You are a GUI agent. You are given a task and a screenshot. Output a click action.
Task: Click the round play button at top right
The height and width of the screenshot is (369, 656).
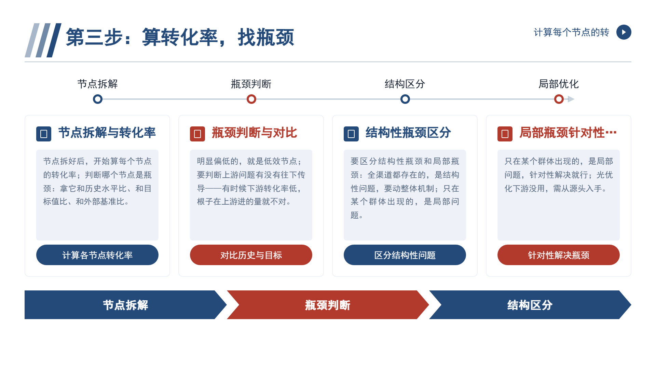click(624, 32)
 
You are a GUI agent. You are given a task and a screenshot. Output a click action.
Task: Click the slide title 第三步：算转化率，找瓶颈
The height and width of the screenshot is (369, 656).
click(180, 37)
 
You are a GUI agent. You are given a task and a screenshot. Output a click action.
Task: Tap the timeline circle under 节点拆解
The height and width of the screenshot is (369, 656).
click(98, 99)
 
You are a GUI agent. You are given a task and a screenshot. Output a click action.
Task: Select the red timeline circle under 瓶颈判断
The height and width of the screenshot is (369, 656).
click(251, 99)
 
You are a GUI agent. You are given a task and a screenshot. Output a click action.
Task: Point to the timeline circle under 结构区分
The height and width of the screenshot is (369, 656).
click(405, 99)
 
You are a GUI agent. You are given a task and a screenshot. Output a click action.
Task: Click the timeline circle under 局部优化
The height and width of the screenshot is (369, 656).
click(559, 99)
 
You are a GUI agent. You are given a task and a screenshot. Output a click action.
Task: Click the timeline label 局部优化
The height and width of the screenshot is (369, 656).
click(559, 84)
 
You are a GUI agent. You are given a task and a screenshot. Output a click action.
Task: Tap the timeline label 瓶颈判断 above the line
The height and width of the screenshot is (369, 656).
click(251, 84)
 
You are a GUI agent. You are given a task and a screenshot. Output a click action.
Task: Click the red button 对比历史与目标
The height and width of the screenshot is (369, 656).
click(251, 255)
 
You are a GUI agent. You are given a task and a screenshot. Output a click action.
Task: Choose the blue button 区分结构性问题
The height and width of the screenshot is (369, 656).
click(405, 255)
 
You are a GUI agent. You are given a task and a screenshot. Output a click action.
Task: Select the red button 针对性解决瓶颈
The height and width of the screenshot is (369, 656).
click(559, 255)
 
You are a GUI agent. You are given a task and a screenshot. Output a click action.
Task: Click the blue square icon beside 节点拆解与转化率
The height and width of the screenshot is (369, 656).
click(44, 134)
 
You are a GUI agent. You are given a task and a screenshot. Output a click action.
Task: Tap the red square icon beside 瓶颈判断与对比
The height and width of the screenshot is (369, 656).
click(197, 134)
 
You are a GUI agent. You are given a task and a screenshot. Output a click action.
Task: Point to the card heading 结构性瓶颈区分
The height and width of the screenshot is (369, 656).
click(408, 133)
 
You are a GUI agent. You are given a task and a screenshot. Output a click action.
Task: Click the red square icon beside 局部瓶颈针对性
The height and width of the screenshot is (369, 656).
click(505, 134)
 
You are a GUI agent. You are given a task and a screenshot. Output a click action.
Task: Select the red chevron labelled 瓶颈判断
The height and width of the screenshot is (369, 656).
click(328, 305)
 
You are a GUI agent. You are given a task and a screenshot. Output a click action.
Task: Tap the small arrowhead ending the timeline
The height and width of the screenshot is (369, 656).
click(571, 99)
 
